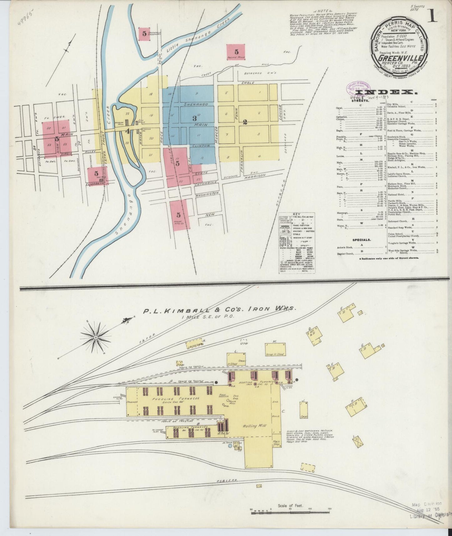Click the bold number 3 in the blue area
click(x=195, y=118)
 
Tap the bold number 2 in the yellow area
click(x=245, y=122)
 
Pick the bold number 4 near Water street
click(x=127, y=131)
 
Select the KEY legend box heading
click(x=296, y=215)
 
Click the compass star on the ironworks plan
click(x=95, y=337)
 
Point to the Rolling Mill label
click(x=254, y=426)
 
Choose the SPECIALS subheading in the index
click(x=362, y=240)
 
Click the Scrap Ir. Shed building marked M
click(x=275, y=350)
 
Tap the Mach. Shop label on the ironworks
click(x=276, y=442)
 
